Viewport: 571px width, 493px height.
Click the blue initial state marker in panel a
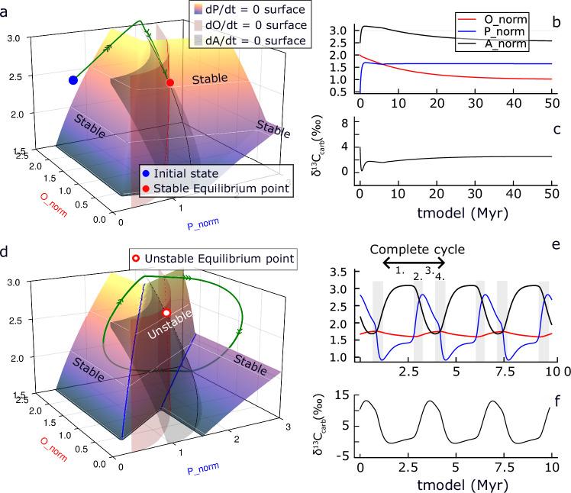click(73, 80)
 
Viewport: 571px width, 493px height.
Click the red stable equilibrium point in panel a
click(169, 82)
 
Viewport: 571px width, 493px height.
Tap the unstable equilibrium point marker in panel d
click(166, 313)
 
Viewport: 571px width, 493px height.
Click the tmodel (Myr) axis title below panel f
click(454, 484)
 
